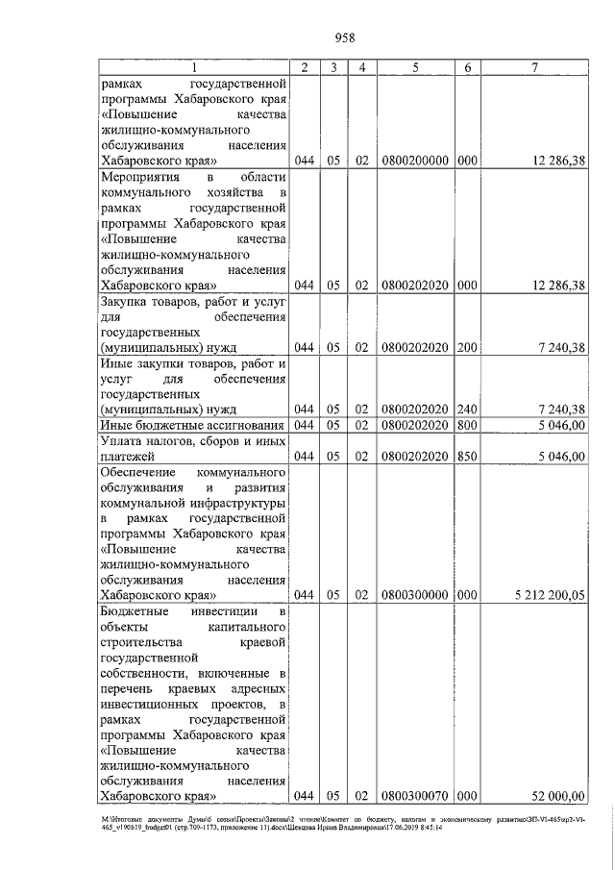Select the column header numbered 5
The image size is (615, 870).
pos(415,67)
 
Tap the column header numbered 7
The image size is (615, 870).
pos(534,67)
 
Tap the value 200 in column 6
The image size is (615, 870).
pos(467,347)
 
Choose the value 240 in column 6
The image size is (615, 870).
pos(467,410)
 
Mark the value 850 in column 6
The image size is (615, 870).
pos(467,457)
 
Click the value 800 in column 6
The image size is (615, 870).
pos(467,425)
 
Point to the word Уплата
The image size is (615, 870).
pos(122,440)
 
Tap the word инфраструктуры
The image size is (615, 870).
pos(237,503)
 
